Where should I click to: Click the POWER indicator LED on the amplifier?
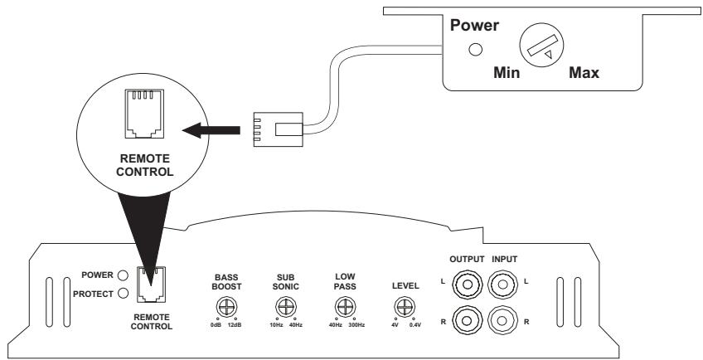coord(122,275)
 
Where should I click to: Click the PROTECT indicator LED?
coord(122,292)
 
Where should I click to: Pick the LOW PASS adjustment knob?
coord(342,307)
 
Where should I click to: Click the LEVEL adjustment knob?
coord(402,308)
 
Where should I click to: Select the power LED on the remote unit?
coord(476,49)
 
